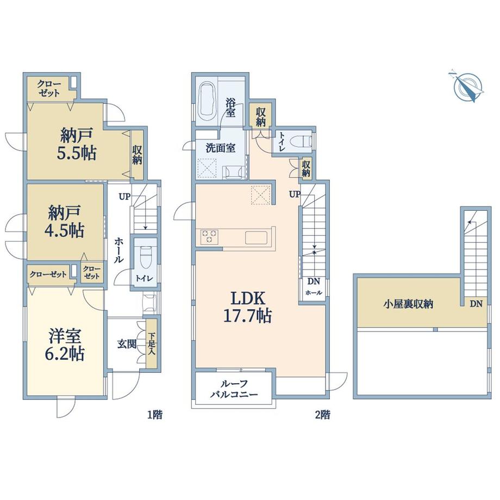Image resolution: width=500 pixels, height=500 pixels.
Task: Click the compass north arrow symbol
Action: point(468,85)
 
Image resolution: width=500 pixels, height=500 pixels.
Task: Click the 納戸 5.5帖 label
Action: point(77,144)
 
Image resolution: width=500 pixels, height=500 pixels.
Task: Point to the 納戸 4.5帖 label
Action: point(65,221)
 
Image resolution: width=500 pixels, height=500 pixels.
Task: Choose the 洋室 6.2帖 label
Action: point(65,345)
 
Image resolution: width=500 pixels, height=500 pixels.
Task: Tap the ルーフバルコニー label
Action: point(234,389)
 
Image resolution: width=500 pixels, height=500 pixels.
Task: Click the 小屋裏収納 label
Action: point(408,304)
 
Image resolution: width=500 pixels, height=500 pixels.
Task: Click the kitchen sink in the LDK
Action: point(257,237)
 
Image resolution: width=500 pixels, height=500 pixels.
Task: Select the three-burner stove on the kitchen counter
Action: point(209,236)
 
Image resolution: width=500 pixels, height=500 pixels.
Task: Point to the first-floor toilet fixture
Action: point(146,257)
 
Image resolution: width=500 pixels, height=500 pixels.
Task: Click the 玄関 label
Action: point(127,343)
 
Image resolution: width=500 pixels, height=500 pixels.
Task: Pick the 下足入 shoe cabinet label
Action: point(152,344)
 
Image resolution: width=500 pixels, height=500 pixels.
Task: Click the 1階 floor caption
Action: point(155,415)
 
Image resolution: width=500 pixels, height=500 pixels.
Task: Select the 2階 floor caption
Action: point(323,415)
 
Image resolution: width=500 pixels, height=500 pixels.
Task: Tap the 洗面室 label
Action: point(220,148)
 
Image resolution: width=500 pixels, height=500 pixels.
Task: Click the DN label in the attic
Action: point(476,304)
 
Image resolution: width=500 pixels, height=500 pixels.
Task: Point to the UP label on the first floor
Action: point(125,196)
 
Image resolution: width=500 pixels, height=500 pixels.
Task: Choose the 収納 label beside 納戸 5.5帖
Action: point(137,155)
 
